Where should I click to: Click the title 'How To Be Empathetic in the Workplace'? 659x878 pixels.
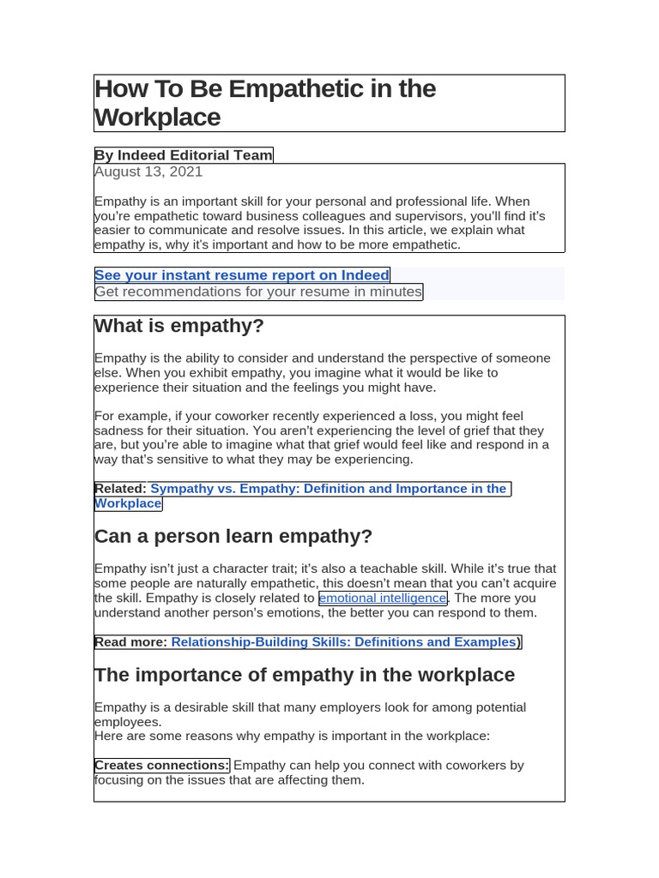pos(265,102)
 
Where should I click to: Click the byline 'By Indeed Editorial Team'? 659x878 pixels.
pos(184,155)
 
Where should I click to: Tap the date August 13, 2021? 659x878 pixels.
pos(148,171)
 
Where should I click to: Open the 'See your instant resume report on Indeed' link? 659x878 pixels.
pos(242,275)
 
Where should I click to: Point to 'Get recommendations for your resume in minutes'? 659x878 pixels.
pos(258,292)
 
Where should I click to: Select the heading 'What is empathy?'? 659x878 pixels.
pos(179,326)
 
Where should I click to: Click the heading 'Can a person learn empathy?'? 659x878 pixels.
pos(233,537)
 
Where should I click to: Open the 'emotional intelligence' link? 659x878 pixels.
pos(383,598)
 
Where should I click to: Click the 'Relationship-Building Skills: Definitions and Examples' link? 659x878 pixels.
pos(344,642)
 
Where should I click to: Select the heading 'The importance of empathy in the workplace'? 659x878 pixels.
pos(305,675)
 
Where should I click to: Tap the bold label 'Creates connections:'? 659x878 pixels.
pos(162,766)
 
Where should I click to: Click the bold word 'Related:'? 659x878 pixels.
pos(120,489)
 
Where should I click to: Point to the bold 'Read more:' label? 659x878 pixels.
pos(131,642)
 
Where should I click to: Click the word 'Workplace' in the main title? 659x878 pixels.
pos(158,117)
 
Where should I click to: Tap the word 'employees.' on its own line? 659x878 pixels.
pos(128,722)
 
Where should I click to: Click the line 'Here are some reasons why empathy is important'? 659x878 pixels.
pos(292,736)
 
